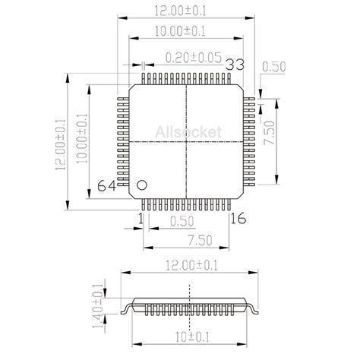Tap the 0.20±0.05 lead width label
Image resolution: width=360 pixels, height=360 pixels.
pos(193,57)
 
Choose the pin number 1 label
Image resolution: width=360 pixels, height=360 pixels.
pos(140,219)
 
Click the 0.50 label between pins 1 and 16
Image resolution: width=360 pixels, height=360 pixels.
pos(183,221)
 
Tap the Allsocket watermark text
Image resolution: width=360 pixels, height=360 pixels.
pos(188,132)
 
